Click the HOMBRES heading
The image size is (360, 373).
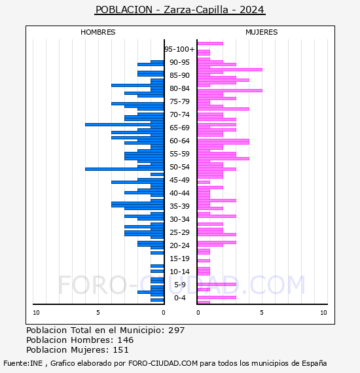click(x=98, y=32)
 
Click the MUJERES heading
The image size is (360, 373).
click(x=262, y=32)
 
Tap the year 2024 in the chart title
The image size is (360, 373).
click(x=252, y=10)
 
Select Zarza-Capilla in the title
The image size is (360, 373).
click(x=196, y=10)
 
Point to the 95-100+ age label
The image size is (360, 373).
click(x=179, y=49)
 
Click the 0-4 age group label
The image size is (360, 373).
click(x=179, y=298)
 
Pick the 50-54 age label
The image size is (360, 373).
click(x=179, y=167)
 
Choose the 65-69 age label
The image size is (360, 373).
click(x=179, y=128)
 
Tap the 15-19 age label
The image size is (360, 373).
click(x=179, y=258)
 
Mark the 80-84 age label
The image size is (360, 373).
click(x=179, y=88)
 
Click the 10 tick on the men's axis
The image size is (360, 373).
click(x=36, y=313)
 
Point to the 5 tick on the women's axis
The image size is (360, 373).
click(x=262, y=313)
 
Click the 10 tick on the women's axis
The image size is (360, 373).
click(x=323, y=313)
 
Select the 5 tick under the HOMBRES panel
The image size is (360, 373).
click(x=98, y=313)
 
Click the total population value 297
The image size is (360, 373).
click(x=176, y=330)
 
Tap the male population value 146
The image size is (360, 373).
click(x=126, y=340)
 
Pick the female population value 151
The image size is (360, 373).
click(x=120, y=350)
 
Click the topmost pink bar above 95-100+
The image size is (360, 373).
click(x=210, y=44)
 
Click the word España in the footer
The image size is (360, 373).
click(x=314, y=363)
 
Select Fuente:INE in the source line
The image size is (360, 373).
click(x=23, y=363)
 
